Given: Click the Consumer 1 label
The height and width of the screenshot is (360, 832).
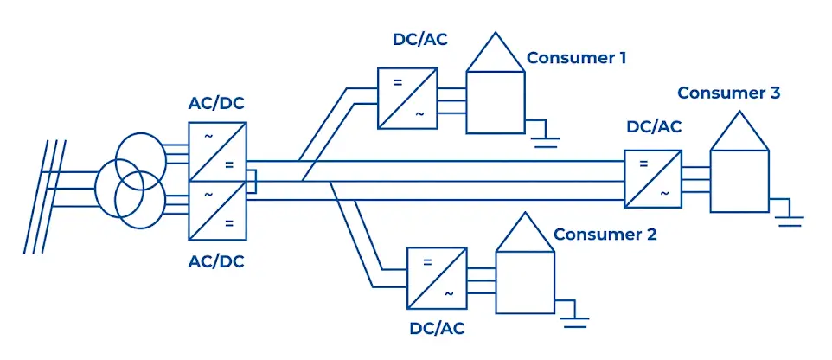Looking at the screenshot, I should click(576, 58).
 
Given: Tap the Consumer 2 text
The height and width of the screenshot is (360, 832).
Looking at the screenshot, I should click(605, 234).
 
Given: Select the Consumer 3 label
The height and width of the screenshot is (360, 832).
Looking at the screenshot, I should click(728, 93).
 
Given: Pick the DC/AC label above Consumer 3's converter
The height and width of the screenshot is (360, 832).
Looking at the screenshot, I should click(653, 126).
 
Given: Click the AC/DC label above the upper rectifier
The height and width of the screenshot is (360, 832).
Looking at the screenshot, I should click(216, 104).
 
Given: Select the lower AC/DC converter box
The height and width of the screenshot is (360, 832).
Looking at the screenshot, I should click(218, 209).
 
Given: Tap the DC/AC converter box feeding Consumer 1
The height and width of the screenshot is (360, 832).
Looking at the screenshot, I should click(406, 99).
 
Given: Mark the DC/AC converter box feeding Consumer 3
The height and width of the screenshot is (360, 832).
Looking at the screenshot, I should click(653, 178).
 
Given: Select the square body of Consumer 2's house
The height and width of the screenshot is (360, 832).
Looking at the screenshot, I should click(524, 282).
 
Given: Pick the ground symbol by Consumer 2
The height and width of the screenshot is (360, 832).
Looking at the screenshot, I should click(575, 317).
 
